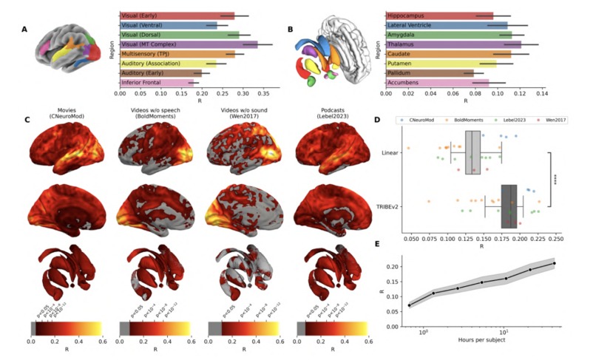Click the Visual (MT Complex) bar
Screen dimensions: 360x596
coord(189,44)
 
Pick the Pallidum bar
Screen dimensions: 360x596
coord(430,73)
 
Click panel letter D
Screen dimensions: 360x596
coord(377,120)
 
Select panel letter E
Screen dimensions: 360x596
coord(377,243)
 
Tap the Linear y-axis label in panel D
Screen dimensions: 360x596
coord(390,153)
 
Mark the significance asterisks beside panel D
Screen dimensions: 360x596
coord(554,180)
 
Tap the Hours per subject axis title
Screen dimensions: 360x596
coord(492,347)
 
